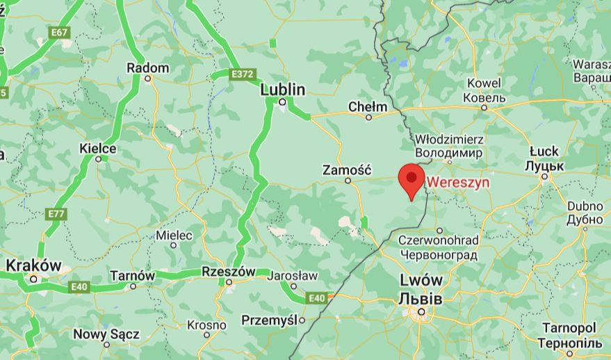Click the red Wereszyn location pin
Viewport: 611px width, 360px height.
412,177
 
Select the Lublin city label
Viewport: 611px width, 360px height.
283,90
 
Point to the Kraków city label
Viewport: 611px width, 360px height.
33,265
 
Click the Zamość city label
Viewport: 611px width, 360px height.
348,170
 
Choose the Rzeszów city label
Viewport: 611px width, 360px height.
228,271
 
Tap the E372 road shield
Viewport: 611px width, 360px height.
243,74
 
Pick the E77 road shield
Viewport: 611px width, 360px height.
56,214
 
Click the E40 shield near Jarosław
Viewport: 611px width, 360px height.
317,298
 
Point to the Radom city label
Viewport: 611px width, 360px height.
147,68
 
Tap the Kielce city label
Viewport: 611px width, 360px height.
98,149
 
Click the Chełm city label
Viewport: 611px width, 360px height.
367,107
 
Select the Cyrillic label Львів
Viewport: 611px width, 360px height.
420,298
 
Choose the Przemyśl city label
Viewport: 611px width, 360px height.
270,320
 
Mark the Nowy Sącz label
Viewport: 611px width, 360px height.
106,334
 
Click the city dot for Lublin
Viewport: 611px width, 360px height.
282,102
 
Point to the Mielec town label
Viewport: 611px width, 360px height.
174,236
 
